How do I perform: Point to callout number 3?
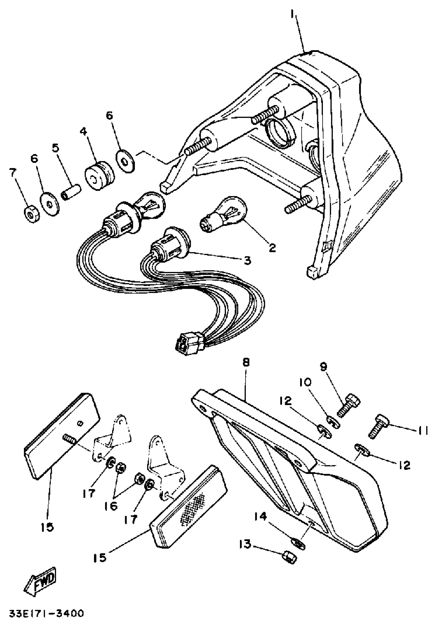click(x=247, y=260)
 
